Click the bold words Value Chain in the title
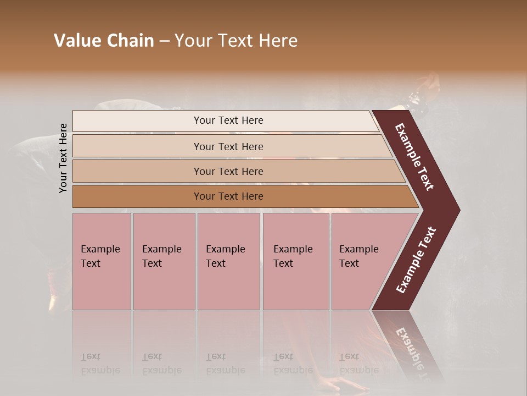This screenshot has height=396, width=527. coord(104,41)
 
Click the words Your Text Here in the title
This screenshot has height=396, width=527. coord(236,41)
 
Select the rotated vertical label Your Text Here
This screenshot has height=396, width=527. coord(63,158)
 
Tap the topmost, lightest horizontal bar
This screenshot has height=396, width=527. coord(228,120)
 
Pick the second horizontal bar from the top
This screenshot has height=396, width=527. coord(228,146)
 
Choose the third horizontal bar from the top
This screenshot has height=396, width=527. coord(228,171)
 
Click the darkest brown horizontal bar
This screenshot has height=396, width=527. coord(228,196)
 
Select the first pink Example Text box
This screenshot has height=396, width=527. coord(102,261)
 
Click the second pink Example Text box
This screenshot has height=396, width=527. coord(164,261)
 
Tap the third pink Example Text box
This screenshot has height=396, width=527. coord(228,261)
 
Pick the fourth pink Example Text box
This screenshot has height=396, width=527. coord(296,261)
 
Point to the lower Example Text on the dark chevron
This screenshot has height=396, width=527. coord(416,260)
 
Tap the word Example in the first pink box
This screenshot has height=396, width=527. coord(100,249)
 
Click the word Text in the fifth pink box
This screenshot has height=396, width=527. coord(349,263)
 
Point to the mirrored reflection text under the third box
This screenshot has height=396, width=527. coord(226,364)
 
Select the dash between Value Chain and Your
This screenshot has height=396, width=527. coord(164,41)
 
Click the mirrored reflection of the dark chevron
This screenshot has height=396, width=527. coord(409,344)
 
